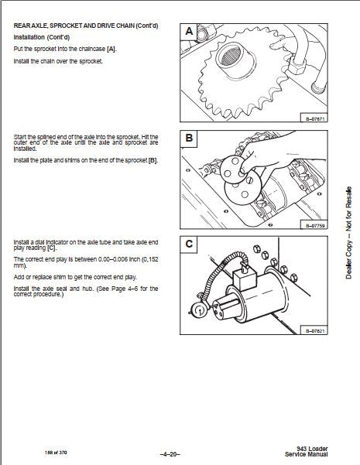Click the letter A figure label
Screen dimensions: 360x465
tap(189, 31)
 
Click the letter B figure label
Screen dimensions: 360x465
tap(189, 138)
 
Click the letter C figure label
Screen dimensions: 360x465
tap(189, 244)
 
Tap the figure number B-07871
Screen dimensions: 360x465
tap(315, 119)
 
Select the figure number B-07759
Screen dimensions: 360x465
tap(315, 226)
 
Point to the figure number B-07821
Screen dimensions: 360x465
tap(315, 331)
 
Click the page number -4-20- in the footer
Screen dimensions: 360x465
tap(170, 454)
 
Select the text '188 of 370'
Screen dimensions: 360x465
tap(56, 453)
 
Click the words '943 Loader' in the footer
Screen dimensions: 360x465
tap(312, 449)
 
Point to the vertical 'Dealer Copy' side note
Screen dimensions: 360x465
tap(348, 233)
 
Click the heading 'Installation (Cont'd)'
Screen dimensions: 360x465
tap(42, 37)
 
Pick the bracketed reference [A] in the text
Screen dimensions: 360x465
tap(111, 49)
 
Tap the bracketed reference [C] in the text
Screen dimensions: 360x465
tap(52, 248)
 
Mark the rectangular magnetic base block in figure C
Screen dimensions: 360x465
tap(244, 279)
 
